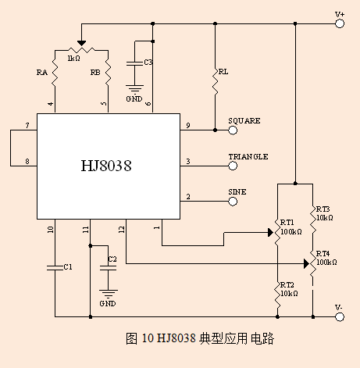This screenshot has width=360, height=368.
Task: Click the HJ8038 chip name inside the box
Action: pyautogui.click(x=106, y=166)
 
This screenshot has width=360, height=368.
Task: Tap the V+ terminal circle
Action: pyautogui.click(x=340, y=23)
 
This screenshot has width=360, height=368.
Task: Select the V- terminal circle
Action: pyautogui.click(x=340, y=317)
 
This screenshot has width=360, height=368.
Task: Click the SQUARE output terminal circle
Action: pyautogui.click(x=233, y=130)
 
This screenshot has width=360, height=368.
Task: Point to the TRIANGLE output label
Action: pyautogui.click(x=248, y=157)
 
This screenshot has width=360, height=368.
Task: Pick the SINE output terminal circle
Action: pyautogui.click(x=233, y=202)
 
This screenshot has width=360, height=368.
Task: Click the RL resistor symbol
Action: pyautogui.click(x=215, y=81)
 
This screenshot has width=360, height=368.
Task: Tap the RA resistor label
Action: pyautogui.click(x=42, y=73)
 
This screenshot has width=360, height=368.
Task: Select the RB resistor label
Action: pyautogui.click(x=95, y=72)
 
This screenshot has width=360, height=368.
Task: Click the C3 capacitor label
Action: pyautogui.click(x=148, y=63)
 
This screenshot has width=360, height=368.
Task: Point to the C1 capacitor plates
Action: pyautogui.click(x=55, y=267)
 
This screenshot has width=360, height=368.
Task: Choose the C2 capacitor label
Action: pyautogui.click(x=112, y=259)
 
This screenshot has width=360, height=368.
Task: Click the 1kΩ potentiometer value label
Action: pyautogui.click(x=73, y=59)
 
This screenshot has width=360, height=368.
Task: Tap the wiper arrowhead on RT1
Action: pyautogui.click(x=271, y=233)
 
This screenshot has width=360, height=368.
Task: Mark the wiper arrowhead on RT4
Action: pyautogui.click(x=307, y=264)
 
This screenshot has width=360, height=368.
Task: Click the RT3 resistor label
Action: pyautogui.click(x=323, y=209)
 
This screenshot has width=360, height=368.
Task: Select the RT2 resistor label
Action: pyautogui.click(x=287, y=285)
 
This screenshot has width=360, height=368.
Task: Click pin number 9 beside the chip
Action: pyautogui.click(x=188, y=126)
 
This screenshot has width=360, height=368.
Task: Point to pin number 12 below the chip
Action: pyautogui.click(x=122, y=230)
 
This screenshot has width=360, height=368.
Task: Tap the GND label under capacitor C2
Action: pyautogui.click(x=108, y=304)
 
